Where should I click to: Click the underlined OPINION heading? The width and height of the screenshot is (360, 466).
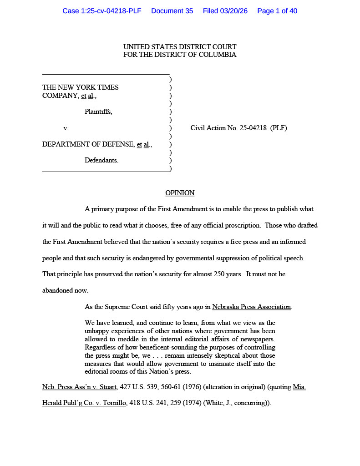coord(180,193)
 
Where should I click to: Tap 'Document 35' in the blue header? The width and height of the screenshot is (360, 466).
coord(172,11)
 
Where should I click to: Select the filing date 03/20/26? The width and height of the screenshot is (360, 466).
coord(232,11)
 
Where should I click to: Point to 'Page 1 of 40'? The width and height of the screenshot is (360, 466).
coord(277,11)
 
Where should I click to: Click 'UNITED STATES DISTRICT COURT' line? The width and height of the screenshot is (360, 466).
coord(180,47)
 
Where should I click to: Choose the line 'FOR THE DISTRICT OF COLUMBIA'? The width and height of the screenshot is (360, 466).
coord(180,55)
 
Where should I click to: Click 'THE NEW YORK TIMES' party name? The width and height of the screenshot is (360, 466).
coord(81,87)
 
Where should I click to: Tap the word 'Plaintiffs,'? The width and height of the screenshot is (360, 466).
coord(98,111)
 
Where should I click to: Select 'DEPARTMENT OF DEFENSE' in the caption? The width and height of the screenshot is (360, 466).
coord(89,145)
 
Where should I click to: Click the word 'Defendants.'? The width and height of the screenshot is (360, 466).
coord(101,160)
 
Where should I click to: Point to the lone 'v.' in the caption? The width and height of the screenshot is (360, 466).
coord(66,128)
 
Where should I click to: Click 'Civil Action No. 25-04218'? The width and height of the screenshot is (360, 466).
coord(228,128)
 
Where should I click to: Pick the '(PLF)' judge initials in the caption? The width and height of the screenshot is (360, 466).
coord(279,128)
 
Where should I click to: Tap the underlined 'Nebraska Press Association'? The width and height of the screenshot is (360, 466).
coord(251,307)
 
